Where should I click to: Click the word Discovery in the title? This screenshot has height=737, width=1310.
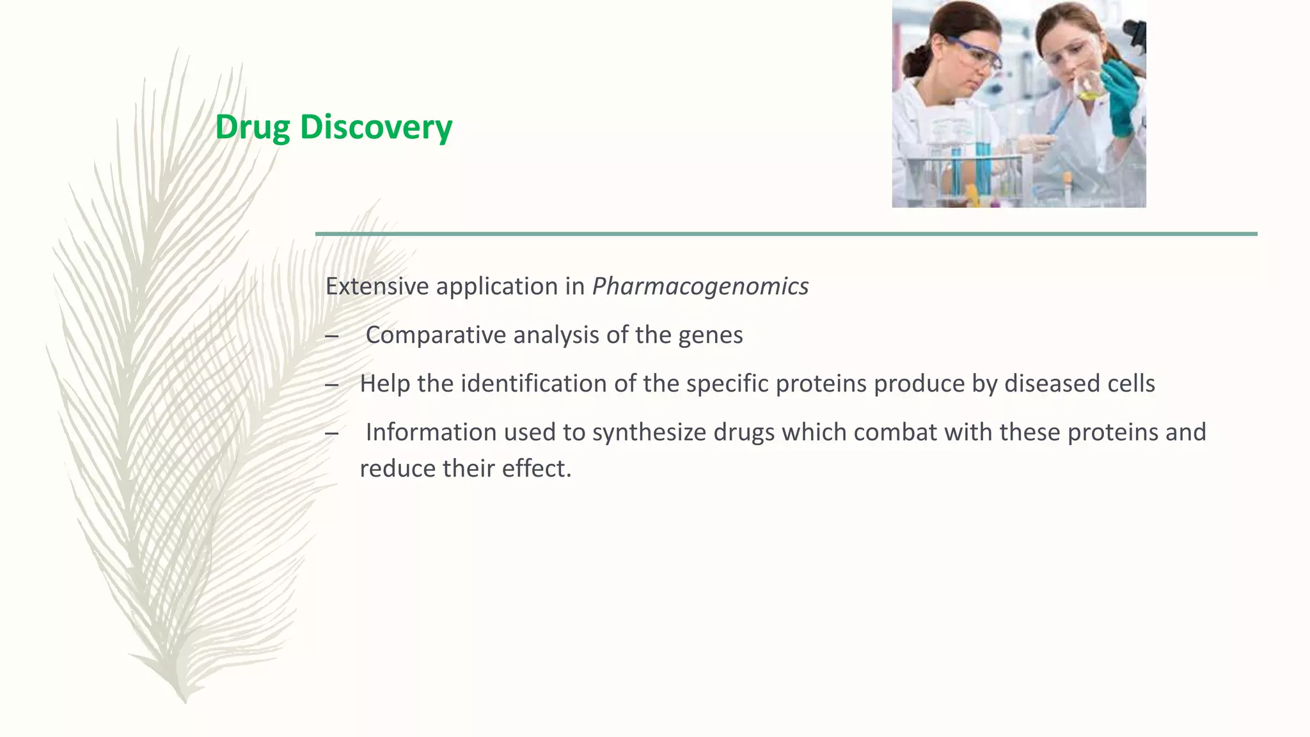pos(375,127)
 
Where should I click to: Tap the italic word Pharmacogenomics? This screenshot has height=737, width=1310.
pos(700,286)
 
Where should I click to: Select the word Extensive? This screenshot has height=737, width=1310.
pos(377,286)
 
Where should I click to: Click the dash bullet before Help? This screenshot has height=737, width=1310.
pos(331,385)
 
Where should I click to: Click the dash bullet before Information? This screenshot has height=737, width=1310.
pos(331,434)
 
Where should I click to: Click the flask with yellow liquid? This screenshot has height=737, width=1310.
pos(1088,86)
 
